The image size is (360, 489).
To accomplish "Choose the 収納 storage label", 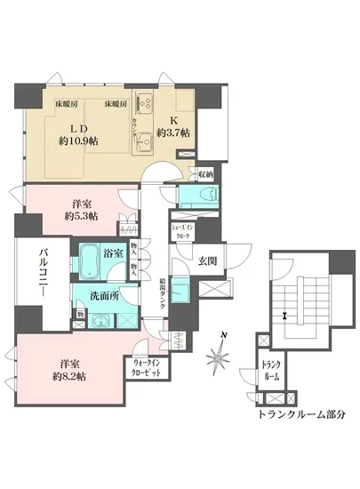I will pyautogui.click(x=204, y=173).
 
